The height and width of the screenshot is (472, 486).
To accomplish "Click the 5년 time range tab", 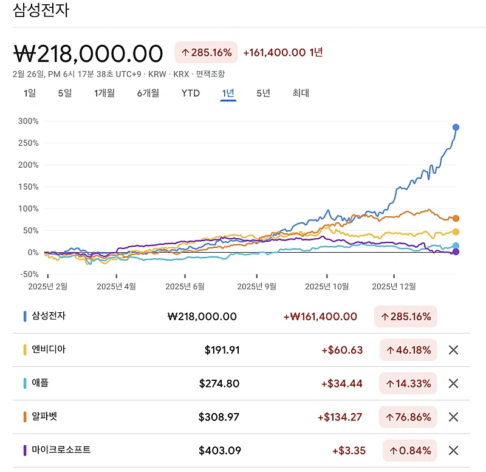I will [x=263, y=93].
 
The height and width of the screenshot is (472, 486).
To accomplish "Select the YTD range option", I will [x=190, y=93].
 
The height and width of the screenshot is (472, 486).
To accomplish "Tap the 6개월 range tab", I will [x=148, y=93].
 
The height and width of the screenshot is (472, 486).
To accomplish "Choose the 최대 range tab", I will [x=301, y=93].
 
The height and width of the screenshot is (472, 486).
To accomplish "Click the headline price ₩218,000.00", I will [x=88, y=53].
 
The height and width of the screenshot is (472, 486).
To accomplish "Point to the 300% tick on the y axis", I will [x=29, y=121].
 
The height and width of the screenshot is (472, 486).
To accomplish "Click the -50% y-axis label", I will [x=29, y=274].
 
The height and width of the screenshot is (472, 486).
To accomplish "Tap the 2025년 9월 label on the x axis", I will [x=256, y=286].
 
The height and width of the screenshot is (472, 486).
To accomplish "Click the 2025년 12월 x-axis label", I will [x=394, y=286].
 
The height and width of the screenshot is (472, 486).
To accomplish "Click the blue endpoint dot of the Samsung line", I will [x=456, y=127].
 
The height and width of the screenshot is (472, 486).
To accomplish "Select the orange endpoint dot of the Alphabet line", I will [x=456, y=218].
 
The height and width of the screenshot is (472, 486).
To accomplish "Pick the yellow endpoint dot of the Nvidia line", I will [x=456, y=231].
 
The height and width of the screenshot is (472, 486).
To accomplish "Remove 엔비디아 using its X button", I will [x=453, y=350].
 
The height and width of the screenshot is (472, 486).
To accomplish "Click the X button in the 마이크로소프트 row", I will [x=453, y=450].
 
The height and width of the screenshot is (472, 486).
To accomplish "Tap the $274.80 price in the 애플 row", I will [x=219, y=383].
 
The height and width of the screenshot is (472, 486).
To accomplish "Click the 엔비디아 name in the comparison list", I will [x=49, y=350].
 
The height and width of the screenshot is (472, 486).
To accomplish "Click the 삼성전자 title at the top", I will [x=41, y=10].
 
